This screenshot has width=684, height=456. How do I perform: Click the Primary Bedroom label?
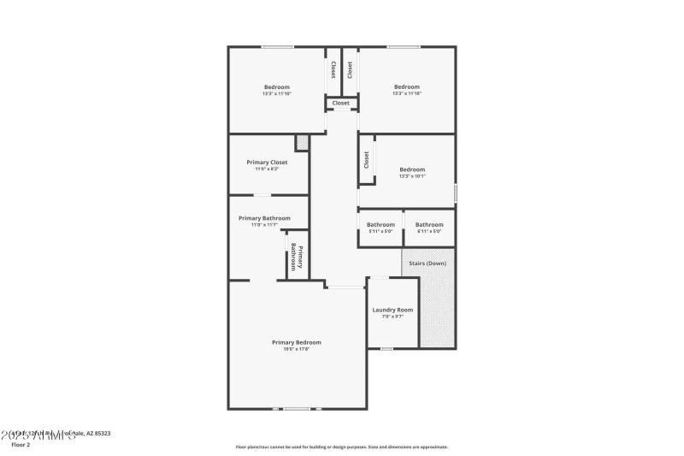296,342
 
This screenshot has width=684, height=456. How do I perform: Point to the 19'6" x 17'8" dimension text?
296,349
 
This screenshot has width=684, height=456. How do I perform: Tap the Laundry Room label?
392,310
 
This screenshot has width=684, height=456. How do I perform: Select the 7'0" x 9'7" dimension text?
392,317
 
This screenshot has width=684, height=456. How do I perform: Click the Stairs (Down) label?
428,263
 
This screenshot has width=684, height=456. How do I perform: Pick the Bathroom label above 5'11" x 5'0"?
380,224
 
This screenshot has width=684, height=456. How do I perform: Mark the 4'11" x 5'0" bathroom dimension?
429,231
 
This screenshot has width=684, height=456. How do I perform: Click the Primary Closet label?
267,163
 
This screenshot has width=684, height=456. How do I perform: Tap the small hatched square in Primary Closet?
301,143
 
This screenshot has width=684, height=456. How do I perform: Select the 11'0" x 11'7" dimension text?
264,225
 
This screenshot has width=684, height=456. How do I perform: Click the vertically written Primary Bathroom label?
297,256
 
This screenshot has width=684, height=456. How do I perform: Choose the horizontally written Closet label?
341,104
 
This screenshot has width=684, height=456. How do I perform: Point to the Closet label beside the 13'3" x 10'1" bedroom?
367,159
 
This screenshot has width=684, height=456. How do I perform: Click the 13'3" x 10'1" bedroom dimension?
412,176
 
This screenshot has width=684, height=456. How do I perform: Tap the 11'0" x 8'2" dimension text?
267,169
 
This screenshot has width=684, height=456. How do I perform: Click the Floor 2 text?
21,445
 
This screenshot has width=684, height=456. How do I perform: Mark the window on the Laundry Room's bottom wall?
386,348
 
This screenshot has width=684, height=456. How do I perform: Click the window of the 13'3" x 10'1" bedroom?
455,193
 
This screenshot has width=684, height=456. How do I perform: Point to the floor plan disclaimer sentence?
341,447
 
